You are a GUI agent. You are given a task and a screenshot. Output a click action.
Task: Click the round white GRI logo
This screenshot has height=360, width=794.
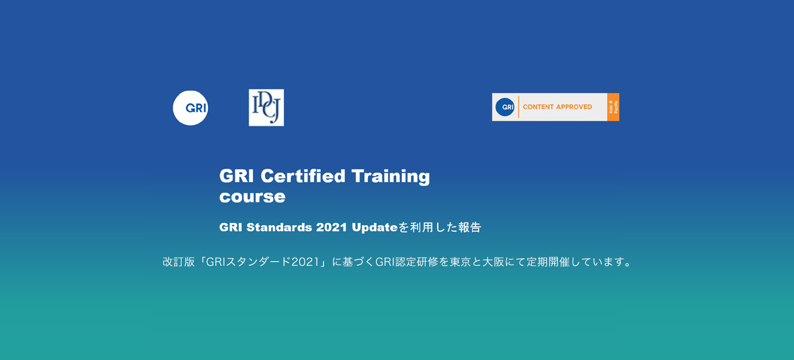point(191,108)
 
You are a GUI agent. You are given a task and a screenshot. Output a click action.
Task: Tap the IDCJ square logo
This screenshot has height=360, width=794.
point(266,107)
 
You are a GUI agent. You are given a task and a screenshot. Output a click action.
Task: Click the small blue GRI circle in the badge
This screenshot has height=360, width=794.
point(505,107)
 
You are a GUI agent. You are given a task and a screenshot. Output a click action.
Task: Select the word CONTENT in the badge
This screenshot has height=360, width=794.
point(538,107)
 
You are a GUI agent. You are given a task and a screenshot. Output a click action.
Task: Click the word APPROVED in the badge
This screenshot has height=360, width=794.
point(574,107)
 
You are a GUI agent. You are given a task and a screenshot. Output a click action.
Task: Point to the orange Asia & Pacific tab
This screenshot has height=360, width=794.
point(613,107)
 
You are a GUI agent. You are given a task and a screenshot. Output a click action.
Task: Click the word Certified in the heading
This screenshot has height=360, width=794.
point(303,176)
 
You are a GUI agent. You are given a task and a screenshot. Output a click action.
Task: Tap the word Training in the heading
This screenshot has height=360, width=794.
point(391,177)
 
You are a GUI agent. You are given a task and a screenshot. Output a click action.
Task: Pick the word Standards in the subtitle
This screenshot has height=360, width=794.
point(279,227)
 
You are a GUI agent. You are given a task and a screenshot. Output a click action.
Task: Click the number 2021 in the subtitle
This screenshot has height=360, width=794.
point(331,227)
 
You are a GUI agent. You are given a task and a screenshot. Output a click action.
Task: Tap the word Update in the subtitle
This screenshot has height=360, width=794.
point(375,228)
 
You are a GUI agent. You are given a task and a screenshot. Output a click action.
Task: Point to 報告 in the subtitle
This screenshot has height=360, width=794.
point(470,227)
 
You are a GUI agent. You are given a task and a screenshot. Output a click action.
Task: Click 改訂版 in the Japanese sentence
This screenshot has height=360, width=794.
point(179,262)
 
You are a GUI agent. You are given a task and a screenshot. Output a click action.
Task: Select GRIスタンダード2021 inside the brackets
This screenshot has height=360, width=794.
point(263,262)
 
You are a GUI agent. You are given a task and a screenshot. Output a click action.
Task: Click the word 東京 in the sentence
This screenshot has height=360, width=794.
point(461,262)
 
